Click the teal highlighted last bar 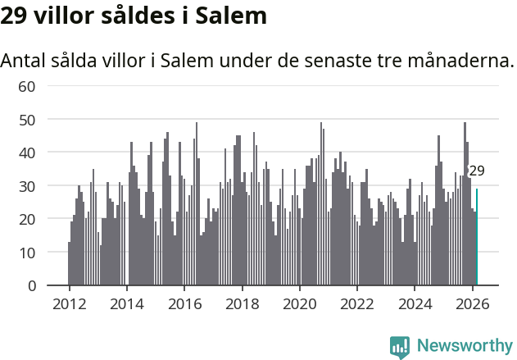click(477, 238)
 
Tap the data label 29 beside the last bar click(477, 171)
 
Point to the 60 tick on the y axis click(27, 86)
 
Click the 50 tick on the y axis click(27, 120)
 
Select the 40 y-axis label click(27, 153)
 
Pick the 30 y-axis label click(27, 186)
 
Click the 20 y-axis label click(27, 219)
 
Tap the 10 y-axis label click(27, 253)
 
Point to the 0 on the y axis click(32, 286)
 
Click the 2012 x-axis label click(69, 303)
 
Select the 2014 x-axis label click(126, 303)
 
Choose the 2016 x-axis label click(184, 303)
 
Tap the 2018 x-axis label click(242, 303)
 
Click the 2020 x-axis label click(299, 303)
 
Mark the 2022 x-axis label click(356, 303)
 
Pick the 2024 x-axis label click(415, 303)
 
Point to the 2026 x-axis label click(472, 303)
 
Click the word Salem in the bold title click(233, 16)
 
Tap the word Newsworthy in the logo click(464, 345)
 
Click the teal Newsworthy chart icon click(400, 347)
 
